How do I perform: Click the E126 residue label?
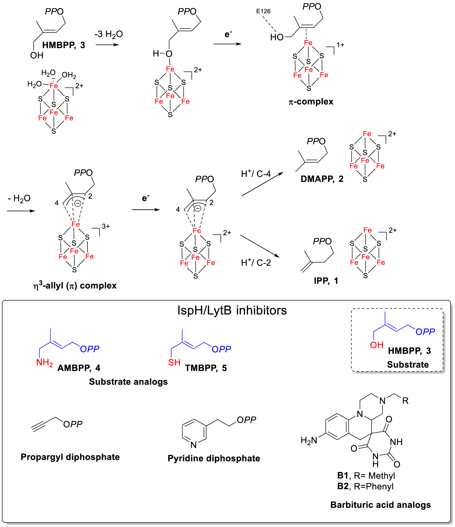click(263, 11)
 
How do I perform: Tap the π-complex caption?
click(311, 102)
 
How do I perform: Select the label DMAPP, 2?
click(322, 179)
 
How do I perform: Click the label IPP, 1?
click(326, 281)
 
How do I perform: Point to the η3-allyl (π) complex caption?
click(75, 285)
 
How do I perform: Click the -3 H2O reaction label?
click(108, 34)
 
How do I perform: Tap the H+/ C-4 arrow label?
click(256, 174)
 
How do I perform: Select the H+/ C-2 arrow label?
click(256, 262)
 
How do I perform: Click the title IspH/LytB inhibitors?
click(232, 310)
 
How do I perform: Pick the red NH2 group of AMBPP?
click(45, 363)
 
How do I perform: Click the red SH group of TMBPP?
click(174, 363)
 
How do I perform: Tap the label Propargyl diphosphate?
click(70, 457)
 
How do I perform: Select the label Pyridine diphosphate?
click(214, 458)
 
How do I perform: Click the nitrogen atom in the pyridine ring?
click(194, 445)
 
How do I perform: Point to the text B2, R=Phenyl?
click(365, 486)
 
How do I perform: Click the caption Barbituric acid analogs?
click(380, 505)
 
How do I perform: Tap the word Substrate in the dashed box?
click(408, 364)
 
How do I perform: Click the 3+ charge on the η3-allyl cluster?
click(106, 226)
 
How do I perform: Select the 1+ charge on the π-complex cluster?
click(340, 45)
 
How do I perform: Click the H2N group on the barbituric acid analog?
click(309, 440)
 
